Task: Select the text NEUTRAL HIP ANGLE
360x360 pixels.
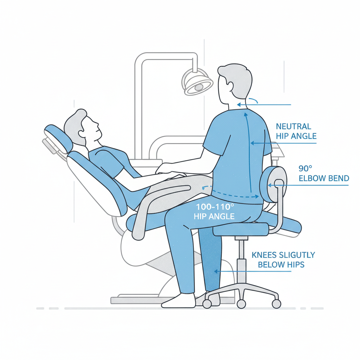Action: tap(296, 131)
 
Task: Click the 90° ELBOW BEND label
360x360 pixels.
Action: tap(324, 173)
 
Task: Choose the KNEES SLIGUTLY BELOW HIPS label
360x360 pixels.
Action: tap(283, 260)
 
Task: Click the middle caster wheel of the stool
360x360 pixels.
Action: tap(241, 304)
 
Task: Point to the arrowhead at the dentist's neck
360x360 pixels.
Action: tap(239, 105)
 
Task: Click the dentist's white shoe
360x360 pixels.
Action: tap(178, 301)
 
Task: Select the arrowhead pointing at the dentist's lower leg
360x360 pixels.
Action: tap(216, 272)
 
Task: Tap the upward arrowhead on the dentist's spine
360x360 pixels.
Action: tap(246, 115)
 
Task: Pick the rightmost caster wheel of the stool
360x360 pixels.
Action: tap(276, 304)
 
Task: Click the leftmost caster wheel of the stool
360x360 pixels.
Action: tap(207, 304)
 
